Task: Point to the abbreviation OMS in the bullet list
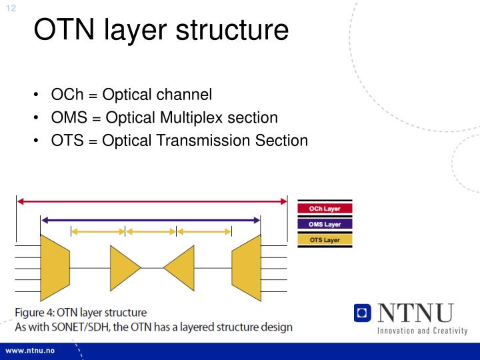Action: pyautogui.click(x=70, y=118)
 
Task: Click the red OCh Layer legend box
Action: pyautogui.click(x=325, y=209)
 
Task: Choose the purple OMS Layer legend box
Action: pyautogui.click(x=325, y=224)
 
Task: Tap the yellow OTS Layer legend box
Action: pyautogui.click(x=325, y=239)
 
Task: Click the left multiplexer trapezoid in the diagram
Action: pyautogui.click(x=55, y=267)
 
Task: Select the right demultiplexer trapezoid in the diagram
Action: pyautogui.click(x=246, y=267)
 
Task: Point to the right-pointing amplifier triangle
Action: pyautogui.click(x=124, y=267)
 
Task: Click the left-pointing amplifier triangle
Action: pyautogui.click(x=179, y=267)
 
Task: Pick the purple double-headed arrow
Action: pyautogui.click(x=151, y=219)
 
